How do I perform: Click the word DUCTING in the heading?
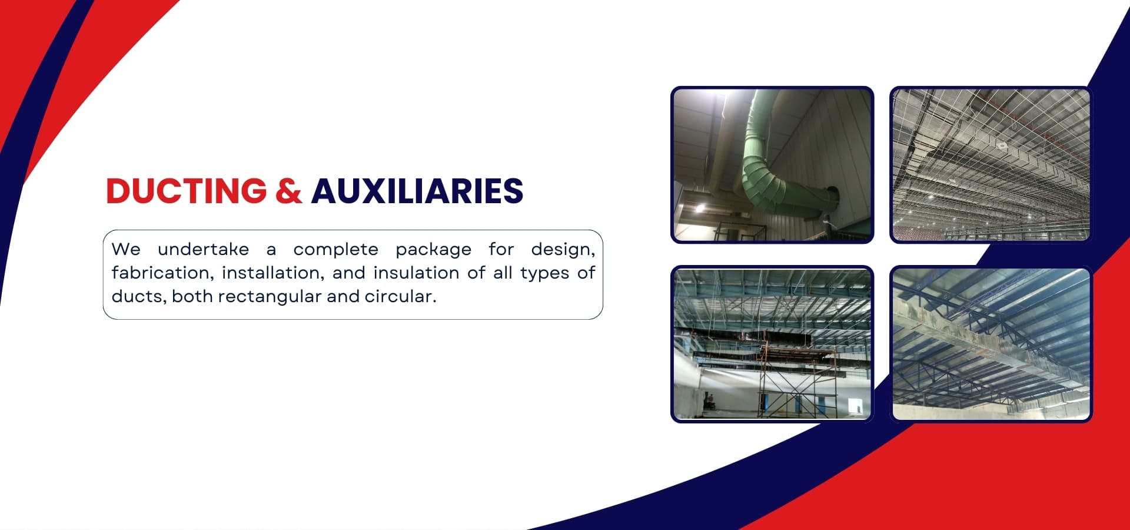187,191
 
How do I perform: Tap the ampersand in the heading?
288,191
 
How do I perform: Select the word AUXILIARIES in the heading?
417,191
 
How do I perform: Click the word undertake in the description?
203,249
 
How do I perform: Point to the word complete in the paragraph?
335,250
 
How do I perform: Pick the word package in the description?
433,250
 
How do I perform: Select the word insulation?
416,273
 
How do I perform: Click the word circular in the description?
400,296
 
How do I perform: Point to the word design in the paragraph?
563,250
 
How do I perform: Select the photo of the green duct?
772,165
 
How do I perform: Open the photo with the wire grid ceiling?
991,165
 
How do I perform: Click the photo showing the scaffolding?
772,344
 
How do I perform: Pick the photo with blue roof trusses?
991,344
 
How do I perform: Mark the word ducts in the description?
138,296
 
